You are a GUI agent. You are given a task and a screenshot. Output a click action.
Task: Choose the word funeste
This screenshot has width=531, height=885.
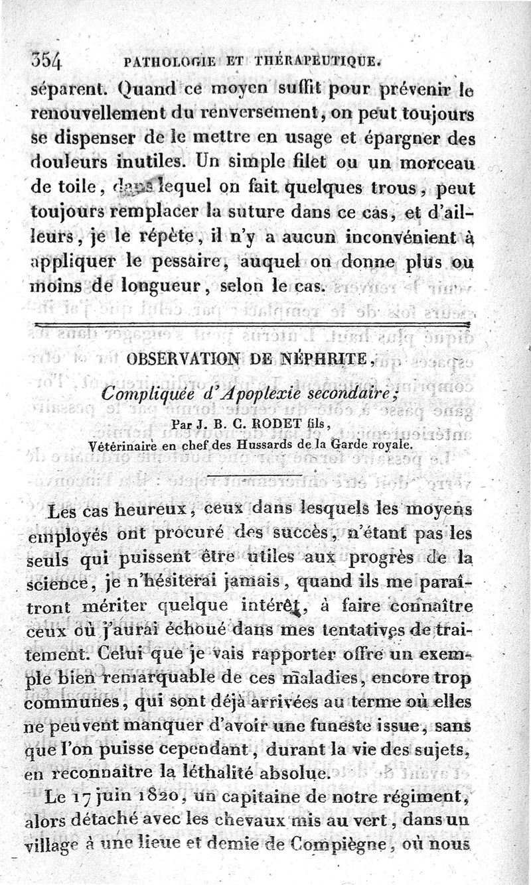(380, 727)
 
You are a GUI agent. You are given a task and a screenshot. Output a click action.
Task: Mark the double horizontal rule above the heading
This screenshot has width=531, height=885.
(252, 324)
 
